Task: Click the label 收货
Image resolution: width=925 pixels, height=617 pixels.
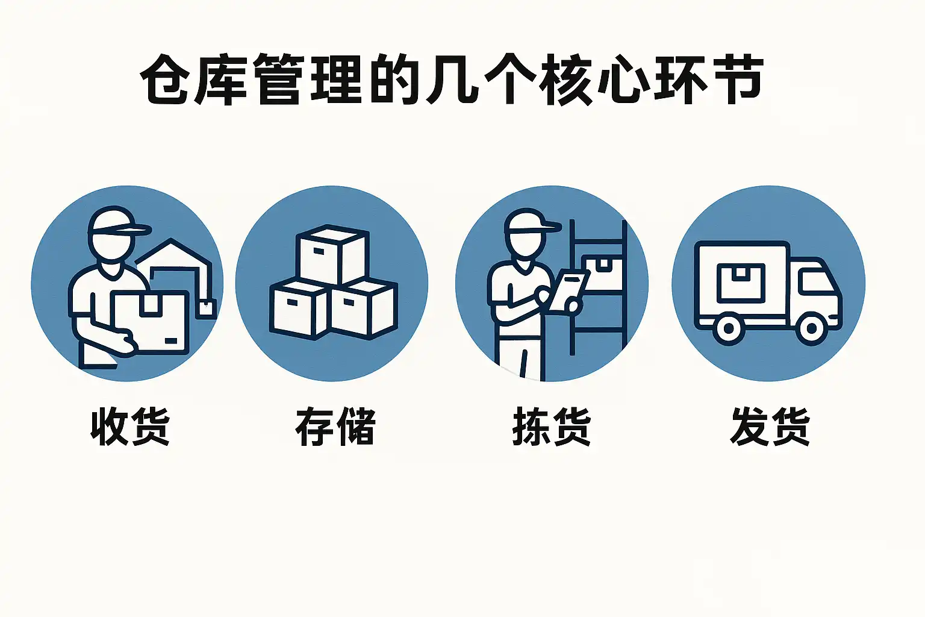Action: (130, 426)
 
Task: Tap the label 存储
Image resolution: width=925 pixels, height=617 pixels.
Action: (335, 426)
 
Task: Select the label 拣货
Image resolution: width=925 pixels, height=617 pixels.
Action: (552, 426)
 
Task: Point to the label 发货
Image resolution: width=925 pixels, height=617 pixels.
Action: (770, 426)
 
